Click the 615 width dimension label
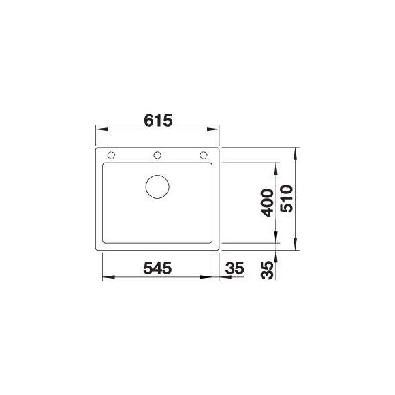click(158, 121)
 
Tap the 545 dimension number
click(157, 268)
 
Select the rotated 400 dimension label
click(267, 203)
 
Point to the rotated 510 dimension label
click(287, 199)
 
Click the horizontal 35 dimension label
click(235, 268)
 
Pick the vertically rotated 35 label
click(267, 270)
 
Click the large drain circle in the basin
click(157, 187)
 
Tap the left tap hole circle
click(111, 155)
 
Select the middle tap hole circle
click(157, 155)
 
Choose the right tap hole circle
click(204, 155)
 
